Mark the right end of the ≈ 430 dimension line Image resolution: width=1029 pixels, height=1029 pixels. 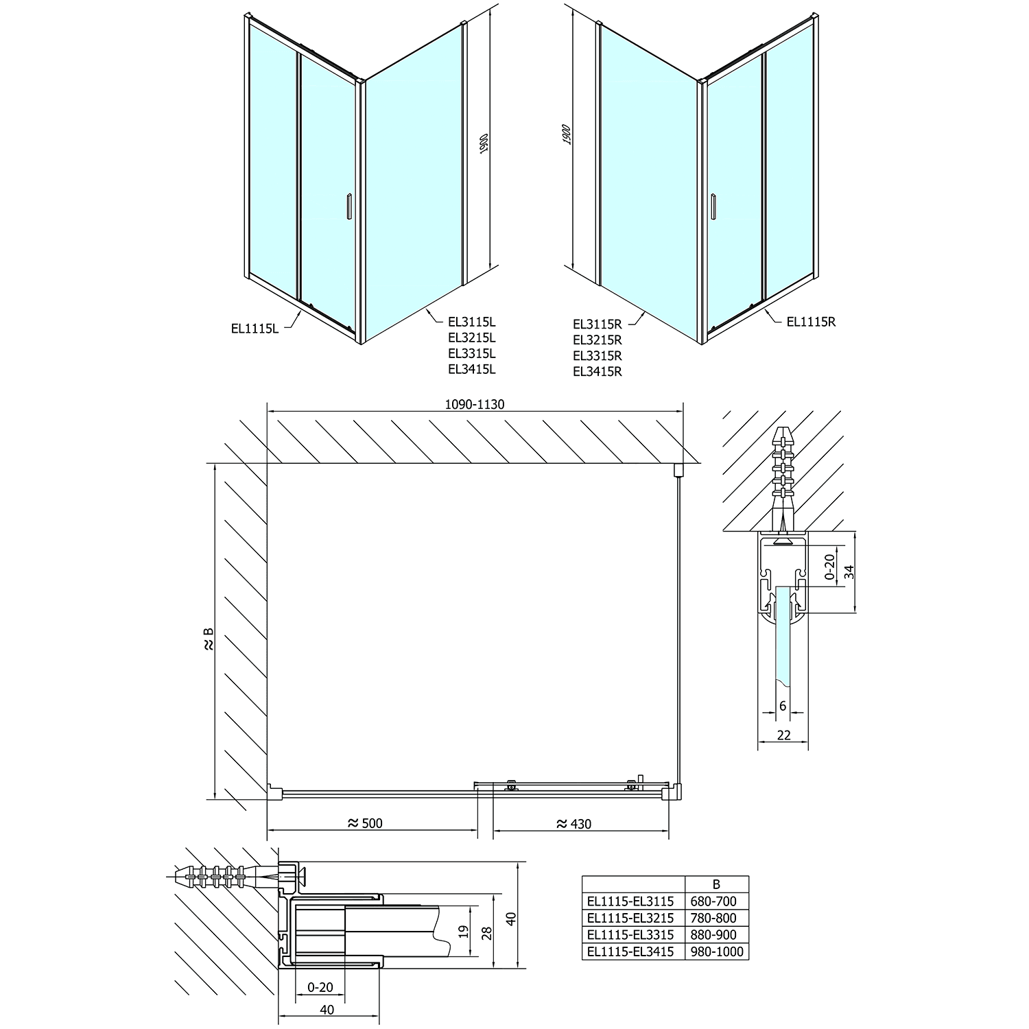click(x=668, y=830)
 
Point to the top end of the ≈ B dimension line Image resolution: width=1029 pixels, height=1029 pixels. click(x=215, y=464)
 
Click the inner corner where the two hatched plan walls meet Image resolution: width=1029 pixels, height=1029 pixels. click(x=267, y=464)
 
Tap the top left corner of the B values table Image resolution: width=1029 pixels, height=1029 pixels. click(x=582, y=876)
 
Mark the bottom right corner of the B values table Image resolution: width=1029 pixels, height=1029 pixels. click(x=748, y=960)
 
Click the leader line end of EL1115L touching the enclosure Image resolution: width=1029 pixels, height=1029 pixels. click(x=303, y=312)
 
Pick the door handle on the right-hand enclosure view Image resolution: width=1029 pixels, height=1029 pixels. click(x=714, y=206)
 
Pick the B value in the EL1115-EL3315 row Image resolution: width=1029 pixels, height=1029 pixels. click(x=716, y=934)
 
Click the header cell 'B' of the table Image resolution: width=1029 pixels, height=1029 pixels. click(x=717, y=884)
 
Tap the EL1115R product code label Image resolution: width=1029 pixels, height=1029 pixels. click(x=811, y=321)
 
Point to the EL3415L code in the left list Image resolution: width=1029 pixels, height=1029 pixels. click(x=471, y=369)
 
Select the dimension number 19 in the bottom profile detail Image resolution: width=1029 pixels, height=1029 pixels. click(x=463, y=931)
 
